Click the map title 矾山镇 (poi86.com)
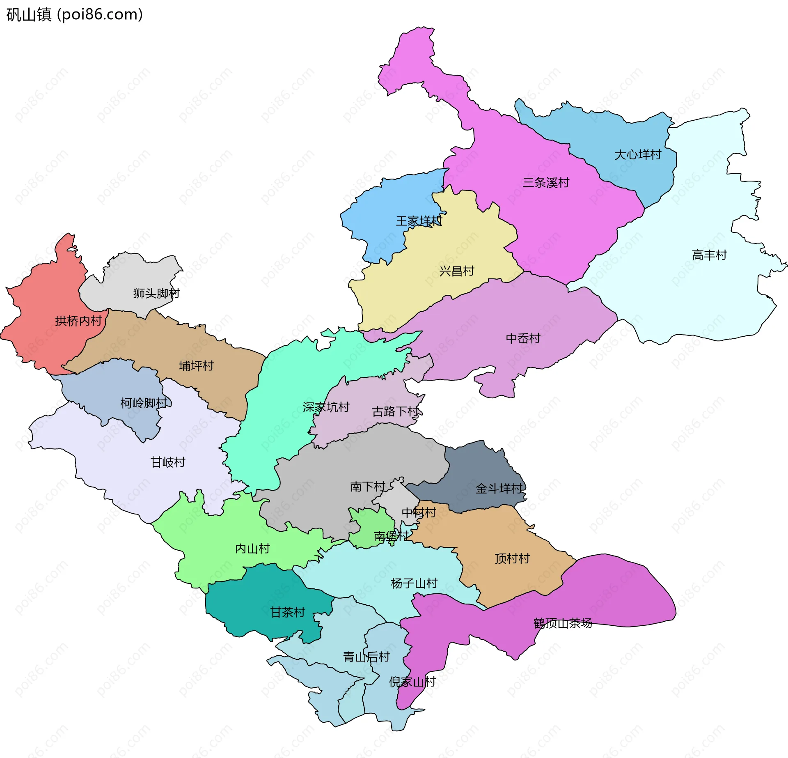pyautogui.click(x=75, y=15)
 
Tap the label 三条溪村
pyautogui.click(x=546, y=182)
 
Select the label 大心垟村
pyautogui.click(x=638, y=155)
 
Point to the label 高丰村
pyautogui.click(x=709, y=255)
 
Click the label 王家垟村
pyautogui.click(x=419, y=221)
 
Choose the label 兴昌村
pyautogui.click(x=456, y=271)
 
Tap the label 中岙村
pyautogui.click(x=523, y=338)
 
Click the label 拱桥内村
pyautogui.click(x=78, y=321)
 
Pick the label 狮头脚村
pyautogui.click(x=156, y=293)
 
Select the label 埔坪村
pyautogui.click(x=196, y=365)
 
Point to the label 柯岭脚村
pyautogui.click(x=144, y=403)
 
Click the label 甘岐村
pyautogui.click(x=168, y=462)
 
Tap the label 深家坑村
pyautogui.click(x=326, y=407)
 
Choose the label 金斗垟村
pyautogui.click(x=499, y=489)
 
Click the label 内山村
pyautogui.click(x=252, y=549)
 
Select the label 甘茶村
pyautogui.click(x=288, y=613)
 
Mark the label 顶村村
pyautogui.click(x=512, y=558)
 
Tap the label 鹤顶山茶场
pyautogui.click(x=563, y=623)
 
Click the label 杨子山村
pyautogui.click(x=414, y=583)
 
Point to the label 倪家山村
pyautogui.click(x=412, y=682)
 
